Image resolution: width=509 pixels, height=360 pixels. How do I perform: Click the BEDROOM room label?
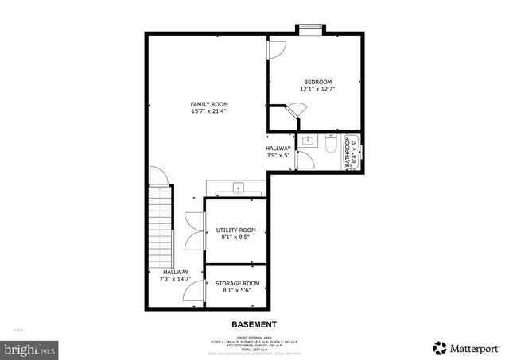click(x=317, y=82)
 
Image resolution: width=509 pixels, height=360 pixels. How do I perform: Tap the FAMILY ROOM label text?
click(x=208, y=104)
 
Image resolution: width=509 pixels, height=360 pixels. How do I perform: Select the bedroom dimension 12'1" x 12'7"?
click(x=317, y=90)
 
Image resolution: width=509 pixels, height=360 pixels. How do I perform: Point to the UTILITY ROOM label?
click(x=236, y=229)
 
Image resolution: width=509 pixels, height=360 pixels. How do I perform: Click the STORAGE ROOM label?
click(x=237, y=283)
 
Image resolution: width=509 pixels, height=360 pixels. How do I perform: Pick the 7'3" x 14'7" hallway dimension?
click(x=176, y=279)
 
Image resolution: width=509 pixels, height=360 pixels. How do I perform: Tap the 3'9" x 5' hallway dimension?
click(x=278, y=156)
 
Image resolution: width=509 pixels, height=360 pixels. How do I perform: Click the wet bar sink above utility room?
click(x=238, y=188)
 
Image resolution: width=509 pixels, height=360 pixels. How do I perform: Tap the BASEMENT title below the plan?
click(x=254, y=324)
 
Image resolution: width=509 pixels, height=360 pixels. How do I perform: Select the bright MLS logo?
click(x=29, y=348)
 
